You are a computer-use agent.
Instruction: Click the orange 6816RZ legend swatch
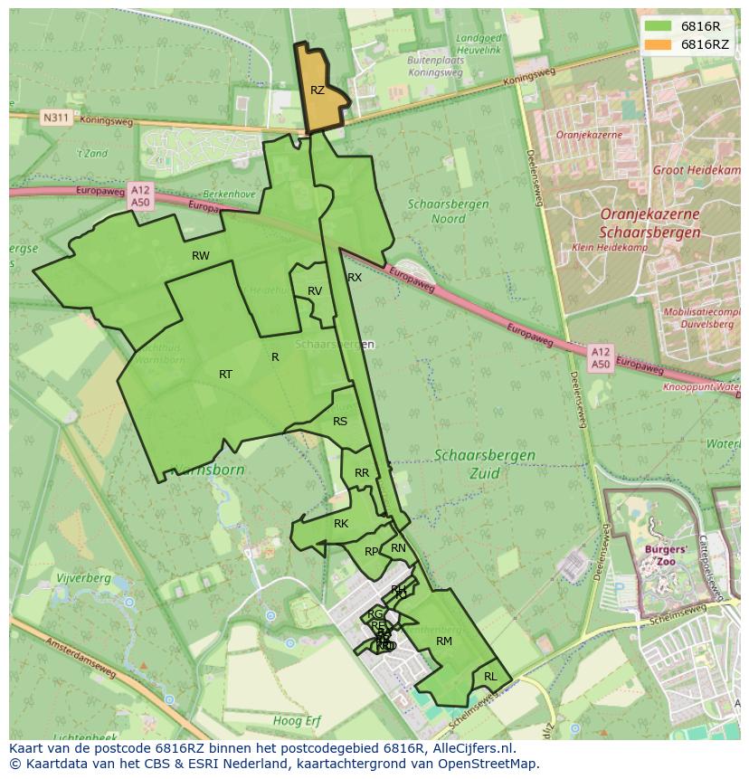coord(659,44)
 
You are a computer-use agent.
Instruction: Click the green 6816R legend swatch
coord(659,26)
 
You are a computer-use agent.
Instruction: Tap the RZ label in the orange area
coord(318,90)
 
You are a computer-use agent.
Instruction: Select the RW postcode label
coord(201,256)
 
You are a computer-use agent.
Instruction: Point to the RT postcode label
coord(225,375)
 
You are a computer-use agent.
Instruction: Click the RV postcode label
coord(315,291)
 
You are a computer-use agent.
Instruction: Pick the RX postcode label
coord(355,278)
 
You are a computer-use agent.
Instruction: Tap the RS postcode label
coord(340,422)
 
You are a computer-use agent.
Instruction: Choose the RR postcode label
coord(362,473)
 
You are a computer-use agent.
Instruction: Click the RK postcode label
coord(341,524)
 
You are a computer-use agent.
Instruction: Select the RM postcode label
coord(443,641)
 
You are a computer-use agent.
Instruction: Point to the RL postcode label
coord(490,677)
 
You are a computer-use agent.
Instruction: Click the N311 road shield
coord(55,118)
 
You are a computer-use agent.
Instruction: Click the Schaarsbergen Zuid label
coord(485,463)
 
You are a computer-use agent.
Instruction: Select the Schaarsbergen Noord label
coord(448,212)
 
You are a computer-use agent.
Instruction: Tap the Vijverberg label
coord(82,578)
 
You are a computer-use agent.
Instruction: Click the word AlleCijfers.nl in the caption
coord(470,748)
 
